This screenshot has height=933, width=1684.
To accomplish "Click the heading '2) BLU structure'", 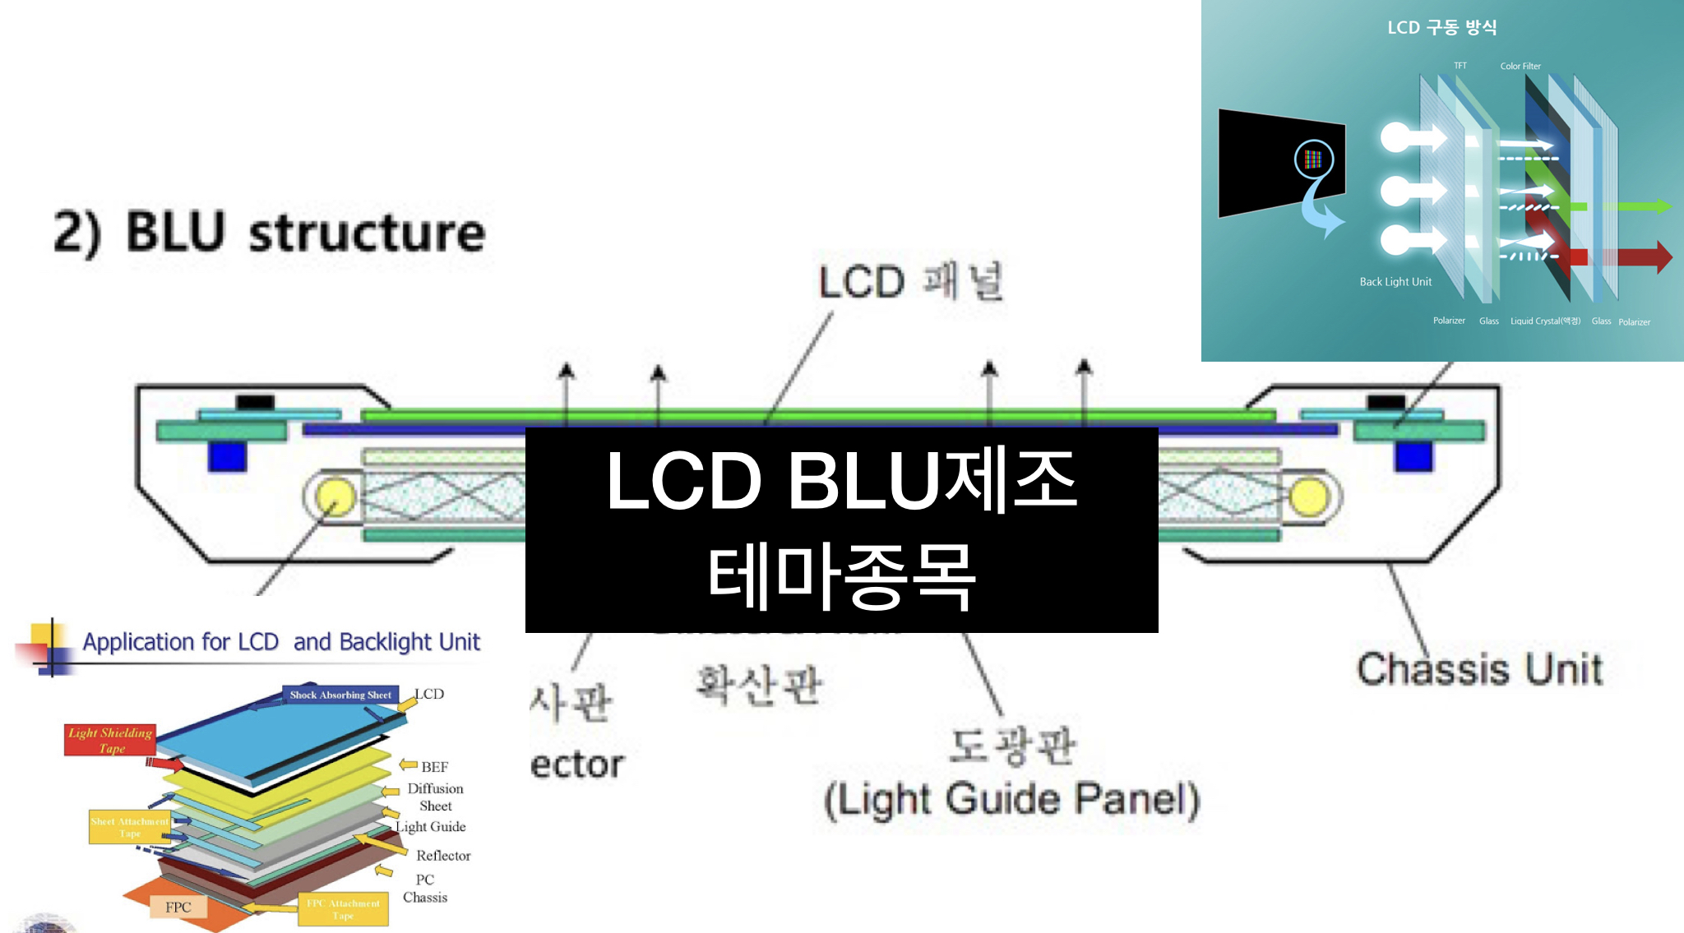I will click(x=270, y=233).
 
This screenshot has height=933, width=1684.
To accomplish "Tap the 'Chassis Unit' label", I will click(x=1479, y=669).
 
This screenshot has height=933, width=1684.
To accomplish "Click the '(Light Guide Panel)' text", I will click(x=1012, y=799).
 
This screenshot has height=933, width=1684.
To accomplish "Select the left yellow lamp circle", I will click(x=334, y=497).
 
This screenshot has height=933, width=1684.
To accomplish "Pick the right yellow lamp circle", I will click(x=1308, y=497).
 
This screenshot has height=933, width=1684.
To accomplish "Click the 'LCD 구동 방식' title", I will click(x=1441, y=27).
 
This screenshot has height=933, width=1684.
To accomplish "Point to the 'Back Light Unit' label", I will click(x=1395, y=282).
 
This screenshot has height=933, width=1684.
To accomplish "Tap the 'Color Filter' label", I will click(x=1520, y=66).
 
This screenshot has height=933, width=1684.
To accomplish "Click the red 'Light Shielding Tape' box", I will click(x=110, y=740).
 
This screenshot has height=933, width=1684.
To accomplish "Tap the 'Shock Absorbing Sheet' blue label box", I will click(x=340, y=695).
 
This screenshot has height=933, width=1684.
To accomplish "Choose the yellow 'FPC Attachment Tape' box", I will click(x=343, y=909).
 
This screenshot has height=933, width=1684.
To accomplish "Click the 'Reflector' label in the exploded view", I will click(x=443, y=856).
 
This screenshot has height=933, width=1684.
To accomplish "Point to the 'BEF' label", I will click(x=434, y=767).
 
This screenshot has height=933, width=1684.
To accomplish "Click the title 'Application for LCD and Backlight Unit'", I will click(x=281, y=642).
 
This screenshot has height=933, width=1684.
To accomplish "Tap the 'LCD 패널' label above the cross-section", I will click(x=910, y=281).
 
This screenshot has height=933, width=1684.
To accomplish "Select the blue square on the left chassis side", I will click(x=227, y=456).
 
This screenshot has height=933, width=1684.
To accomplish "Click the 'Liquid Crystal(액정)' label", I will click(x=1545, y=321).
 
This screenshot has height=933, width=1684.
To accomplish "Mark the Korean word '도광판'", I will click(x=1012, y=745).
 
